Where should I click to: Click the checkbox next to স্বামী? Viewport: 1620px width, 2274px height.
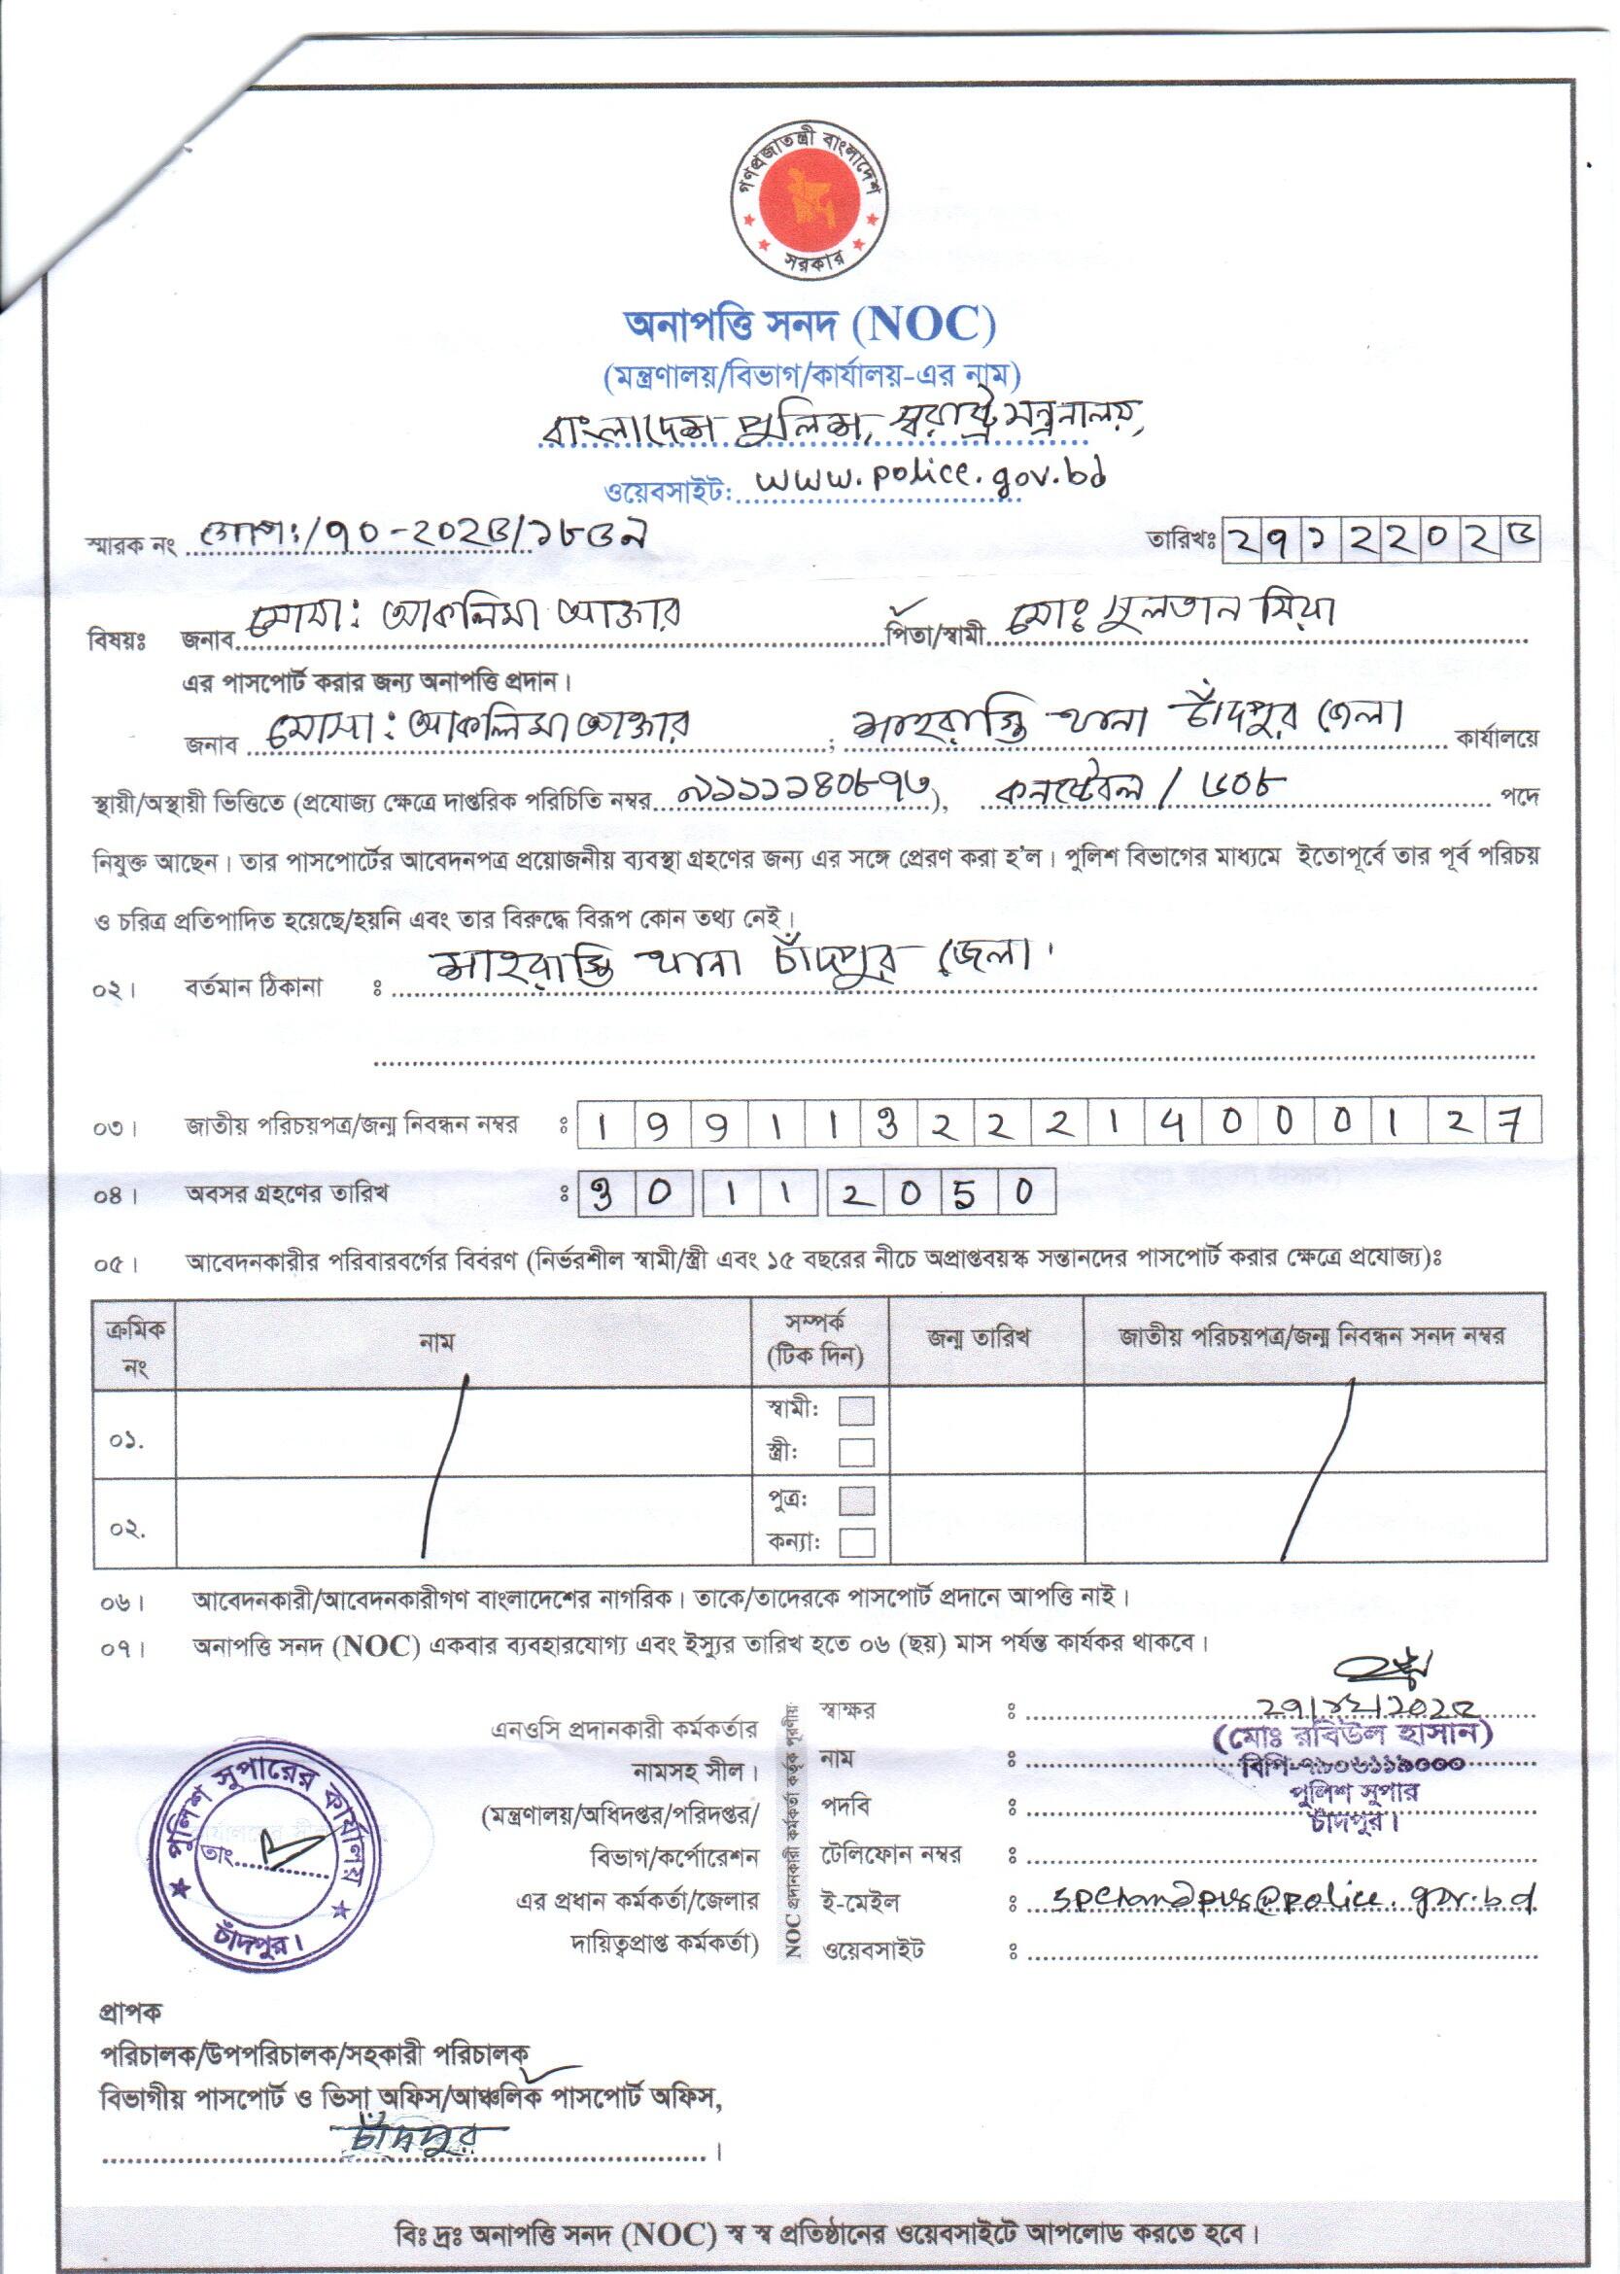click(x=856, y=1410)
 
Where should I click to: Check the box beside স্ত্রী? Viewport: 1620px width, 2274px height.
click(x=856, y=1451)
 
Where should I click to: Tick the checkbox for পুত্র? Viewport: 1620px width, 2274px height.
click(x=856, y=1500)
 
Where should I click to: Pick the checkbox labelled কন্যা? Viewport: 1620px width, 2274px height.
click(x=856, y=1542)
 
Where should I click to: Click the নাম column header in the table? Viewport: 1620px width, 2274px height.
click(x=437, y=1342)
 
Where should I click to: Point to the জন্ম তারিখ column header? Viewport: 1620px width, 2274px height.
click(x=978, y=1338)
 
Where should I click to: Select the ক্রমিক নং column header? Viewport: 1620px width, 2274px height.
click(x=135, y=1342)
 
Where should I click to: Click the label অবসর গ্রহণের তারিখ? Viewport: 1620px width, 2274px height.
click(x=287, y=1192)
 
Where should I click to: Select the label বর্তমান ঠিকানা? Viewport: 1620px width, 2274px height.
click(x=254, y=988)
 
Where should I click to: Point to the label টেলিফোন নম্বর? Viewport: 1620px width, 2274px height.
click(x=890, y=1855)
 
